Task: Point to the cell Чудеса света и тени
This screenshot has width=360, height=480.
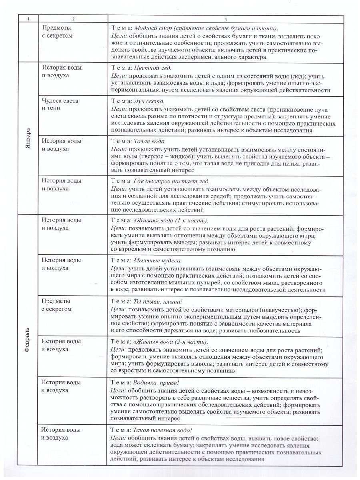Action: pyautogui.click(x=60, y=104)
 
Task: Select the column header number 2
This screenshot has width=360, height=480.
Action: pyautogui.click(x=73, y=18)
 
